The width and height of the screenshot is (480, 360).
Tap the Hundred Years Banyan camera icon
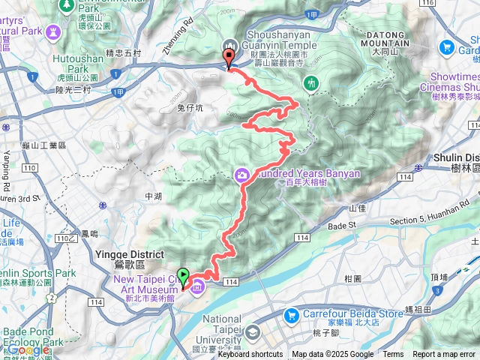(x=242, y=175)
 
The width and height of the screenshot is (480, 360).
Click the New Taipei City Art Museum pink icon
(x=196, y=286)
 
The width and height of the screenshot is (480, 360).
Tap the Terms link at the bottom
(x=393, y=355)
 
